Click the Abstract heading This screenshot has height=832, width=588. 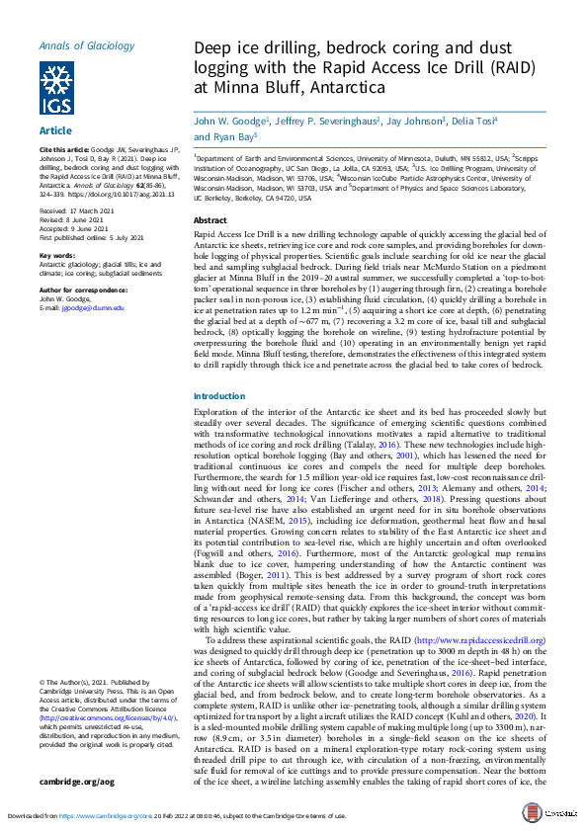[210, 220]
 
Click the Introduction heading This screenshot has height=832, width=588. [219, 395]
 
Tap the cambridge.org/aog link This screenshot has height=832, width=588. [77, 782]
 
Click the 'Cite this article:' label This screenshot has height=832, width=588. [66, 148]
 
